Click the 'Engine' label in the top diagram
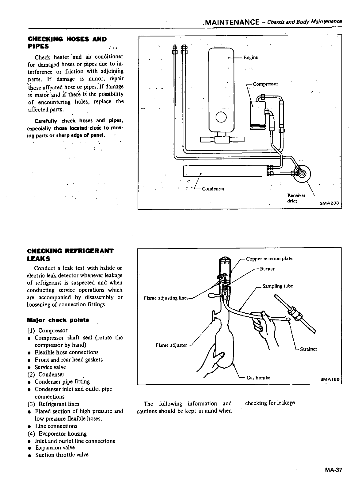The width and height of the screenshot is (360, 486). (251, 58)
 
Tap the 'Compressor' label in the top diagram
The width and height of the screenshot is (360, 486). (265, 84)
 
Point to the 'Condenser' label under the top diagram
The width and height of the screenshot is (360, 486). (213, 189)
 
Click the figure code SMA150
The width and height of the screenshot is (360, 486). (330, 379)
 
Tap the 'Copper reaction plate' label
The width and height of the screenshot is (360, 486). (269, 259)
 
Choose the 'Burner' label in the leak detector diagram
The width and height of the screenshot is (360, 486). (267, 269)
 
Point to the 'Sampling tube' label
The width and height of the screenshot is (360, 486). (278, 286)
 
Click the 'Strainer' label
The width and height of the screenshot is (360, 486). (308, 349)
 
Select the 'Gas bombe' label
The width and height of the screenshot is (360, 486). (258, 378)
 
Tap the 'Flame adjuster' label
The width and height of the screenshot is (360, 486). (171, 345)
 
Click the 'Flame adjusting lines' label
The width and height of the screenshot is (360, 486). (166, 298)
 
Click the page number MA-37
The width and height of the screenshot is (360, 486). (333, 470)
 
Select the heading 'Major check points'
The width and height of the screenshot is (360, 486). (58, 320)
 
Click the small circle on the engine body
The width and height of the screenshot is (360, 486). (221, 116)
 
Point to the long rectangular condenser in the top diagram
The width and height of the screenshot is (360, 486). (224, 171)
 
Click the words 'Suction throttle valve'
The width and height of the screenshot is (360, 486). (61, 455)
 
